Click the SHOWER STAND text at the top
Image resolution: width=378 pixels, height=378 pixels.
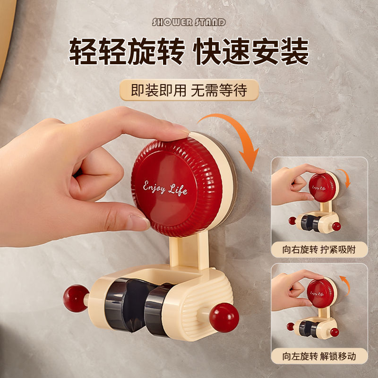coord(189,22)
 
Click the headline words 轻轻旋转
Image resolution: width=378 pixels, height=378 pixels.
coord(126,52)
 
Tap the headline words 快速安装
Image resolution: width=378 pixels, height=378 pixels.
coord(252,52)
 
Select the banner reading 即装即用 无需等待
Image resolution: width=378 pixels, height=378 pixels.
coord(189,90)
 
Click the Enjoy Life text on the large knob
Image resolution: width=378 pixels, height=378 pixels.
coord(165,188)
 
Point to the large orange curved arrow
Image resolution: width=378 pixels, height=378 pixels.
coord(236,135)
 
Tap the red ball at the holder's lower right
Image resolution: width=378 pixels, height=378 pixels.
coord(224,318)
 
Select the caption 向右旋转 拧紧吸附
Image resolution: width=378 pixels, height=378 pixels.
coord(319,249)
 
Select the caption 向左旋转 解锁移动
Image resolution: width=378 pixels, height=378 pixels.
coord(319,355)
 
